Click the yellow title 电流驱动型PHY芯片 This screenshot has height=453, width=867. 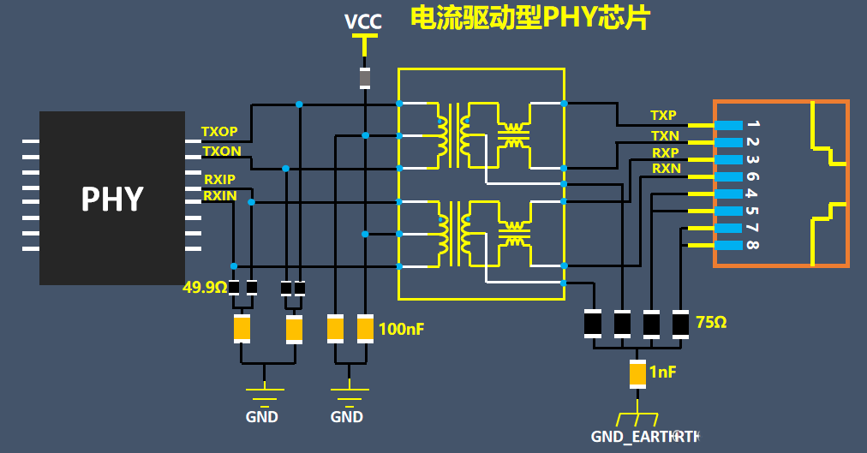coord(529,18)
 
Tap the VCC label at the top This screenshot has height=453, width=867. coord(363,21)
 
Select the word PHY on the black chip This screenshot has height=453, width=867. coord(111,199)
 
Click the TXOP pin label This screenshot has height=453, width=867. coord(219,133)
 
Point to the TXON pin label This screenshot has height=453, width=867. coord(221,152)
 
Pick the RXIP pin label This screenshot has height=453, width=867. coord(219,179)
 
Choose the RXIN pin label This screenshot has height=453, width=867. coord(219,196)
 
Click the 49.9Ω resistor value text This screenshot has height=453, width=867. coord(205,288)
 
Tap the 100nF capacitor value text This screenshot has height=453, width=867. coord(401,329)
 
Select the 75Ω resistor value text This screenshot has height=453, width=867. coord(710,323)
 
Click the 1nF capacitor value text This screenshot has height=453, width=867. coord(662,373)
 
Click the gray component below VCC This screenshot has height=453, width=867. coord(365,78)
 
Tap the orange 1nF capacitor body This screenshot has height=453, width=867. coord(637,373)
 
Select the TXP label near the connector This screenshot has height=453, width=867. coord(663,116)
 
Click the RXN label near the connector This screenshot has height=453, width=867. coord(666,169)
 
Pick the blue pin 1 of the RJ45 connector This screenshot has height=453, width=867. coord(728,125)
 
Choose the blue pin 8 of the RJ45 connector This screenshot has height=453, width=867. coord(728,246)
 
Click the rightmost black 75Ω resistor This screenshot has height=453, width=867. coord(680,323)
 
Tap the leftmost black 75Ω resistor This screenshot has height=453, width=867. coord(593,323)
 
